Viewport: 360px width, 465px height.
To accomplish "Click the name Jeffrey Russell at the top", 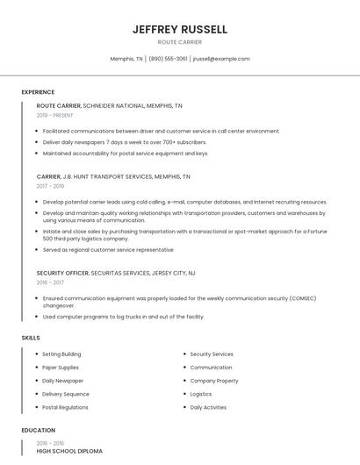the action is point(180,29).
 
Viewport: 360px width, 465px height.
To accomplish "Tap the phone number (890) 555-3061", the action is point(168,59).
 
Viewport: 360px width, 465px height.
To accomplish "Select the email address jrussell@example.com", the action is point(221,59).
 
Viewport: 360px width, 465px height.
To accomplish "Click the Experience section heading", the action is point(38,92).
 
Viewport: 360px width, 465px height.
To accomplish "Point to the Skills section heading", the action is point(31,338).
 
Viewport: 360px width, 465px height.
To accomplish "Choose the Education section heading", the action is point(38,431).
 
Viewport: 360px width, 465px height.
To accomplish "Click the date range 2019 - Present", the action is point(55,115).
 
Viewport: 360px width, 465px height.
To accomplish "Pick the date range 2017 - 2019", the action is point(51,186).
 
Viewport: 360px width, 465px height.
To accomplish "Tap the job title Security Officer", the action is point(62,273).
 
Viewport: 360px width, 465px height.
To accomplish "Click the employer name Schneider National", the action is point(113,105).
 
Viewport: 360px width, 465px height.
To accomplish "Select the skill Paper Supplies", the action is point(61,368).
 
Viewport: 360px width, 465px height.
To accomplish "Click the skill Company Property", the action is point(214,381).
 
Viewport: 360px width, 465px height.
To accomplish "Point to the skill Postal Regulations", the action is point(65,407).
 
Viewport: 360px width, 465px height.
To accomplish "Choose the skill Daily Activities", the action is point(208,407).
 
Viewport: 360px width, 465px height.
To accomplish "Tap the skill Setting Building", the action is point(61,354).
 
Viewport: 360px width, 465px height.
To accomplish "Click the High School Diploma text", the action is point(69,451).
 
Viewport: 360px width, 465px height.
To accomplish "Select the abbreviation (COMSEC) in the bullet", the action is point(300,298).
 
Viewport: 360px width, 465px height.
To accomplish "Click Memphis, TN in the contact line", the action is point(126,59).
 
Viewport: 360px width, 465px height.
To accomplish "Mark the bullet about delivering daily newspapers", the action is point(125,142).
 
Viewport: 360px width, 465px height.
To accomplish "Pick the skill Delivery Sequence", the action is point(66,394).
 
